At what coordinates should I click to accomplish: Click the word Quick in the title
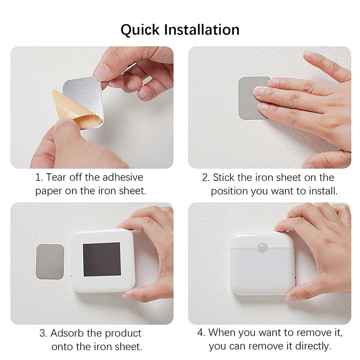[140, 30]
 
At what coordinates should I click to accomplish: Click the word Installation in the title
[201, 30]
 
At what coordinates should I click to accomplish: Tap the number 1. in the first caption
[39, 177]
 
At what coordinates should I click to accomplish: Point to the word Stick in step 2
[225, 177]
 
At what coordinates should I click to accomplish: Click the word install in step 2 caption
[322, 191]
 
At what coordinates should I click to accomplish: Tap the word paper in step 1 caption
[48, 191]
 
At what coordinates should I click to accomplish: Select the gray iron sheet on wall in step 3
[49, 261]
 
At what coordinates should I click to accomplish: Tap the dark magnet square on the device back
[102, 259]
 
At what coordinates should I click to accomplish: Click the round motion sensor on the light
[261, 247]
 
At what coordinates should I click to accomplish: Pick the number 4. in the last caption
[201, 333]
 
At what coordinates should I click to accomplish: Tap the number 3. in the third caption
[43, 333]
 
